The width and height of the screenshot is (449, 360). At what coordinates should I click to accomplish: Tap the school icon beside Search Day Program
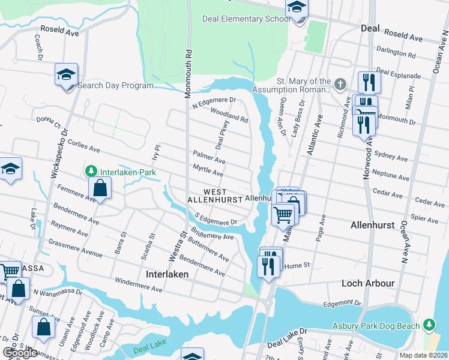pos(66,75)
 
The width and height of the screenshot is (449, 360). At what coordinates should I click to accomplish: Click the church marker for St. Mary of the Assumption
pos(340,83)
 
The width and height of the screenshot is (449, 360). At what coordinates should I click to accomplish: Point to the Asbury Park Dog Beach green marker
pos(429,325)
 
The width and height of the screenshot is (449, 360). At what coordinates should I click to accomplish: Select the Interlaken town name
pos(167,274)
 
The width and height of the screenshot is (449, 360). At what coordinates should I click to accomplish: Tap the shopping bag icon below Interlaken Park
pos(100,189)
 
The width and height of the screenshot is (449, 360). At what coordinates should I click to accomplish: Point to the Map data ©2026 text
pos(423,355)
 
